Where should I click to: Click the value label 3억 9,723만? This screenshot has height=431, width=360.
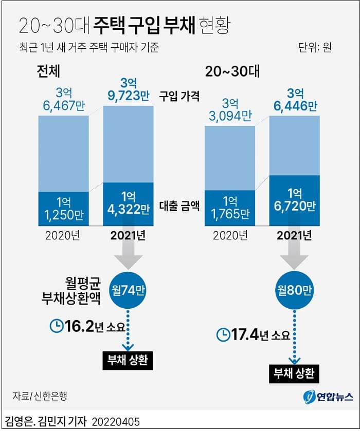(128, 89)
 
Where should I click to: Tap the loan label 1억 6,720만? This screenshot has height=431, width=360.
(294, 200)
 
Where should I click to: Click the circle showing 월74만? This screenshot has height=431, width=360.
(128, 288)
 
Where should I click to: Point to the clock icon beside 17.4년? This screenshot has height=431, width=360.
(223, 335)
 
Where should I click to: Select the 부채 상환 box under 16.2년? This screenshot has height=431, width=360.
(128, 360)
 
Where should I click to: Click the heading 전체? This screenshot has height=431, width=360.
(49, 70)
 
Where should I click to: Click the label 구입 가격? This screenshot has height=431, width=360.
(179, 96)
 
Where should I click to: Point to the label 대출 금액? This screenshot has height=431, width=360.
(179, 207)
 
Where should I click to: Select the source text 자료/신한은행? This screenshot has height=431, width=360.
(40, 396)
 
